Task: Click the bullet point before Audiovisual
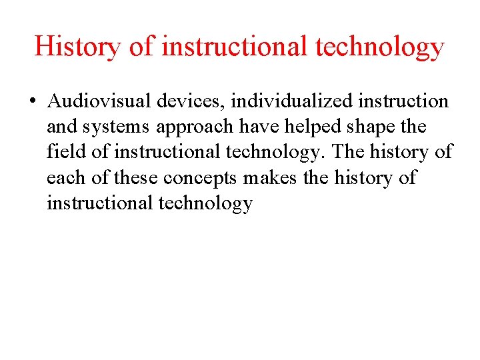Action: (x=33, y=102)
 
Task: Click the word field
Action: (x=66, y=152)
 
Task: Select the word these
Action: (x=137, y=177)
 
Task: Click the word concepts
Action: (x=200, y=179)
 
